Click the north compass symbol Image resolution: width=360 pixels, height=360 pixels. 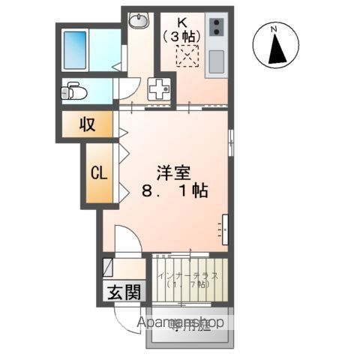[275, 47]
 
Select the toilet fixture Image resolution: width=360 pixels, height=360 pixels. [73, 91]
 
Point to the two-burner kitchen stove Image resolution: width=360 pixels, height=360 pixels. [215, 28]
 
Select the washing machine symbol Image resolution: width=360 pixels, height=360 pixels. [160, 89]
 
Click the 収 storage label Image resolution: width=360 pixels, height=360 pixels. [88, 124]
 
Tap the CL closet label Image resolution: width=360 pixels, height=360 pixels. [99, 172]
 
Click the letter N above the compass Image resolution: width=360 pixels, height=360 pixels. [275, 28]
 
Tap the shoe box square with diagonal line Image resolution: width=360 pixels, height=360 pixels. [107, 266]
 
